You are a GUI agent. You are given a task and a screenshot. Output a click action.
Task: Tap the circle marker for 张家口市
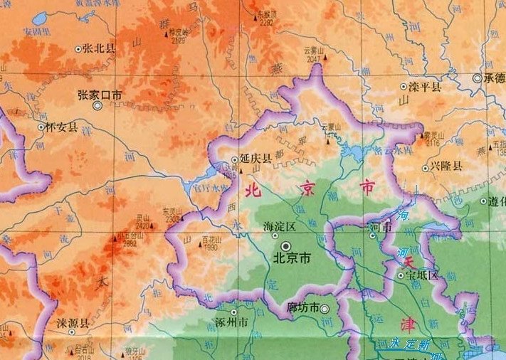click(97, 105)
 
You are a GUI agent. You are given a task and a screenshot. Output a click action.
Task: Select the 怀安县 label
click(62, 127)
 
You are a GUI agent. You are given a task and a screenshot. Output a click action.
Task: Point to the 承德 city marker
click(478, 78)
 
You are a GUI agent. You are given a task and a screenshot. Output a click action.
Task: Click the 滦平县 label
click(425, 87)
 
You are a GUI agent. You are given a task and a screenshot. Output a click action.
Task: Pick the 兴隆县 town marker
click(425, 168)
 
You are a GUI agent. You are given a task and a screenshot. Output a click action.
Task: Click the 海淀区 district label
click(279, 226)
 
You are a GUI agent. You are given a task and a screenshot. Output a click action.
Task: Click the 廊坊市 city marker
click(325, 309)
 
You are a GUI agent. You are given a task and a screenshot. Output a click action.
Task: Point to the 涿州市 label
click(231, 322)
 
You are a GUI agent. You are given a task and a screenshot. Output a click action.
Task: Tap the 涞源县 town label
click(73, 322)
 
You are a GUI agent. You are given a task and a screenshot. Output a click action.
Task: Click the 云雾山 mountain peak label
click(314, 50)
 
